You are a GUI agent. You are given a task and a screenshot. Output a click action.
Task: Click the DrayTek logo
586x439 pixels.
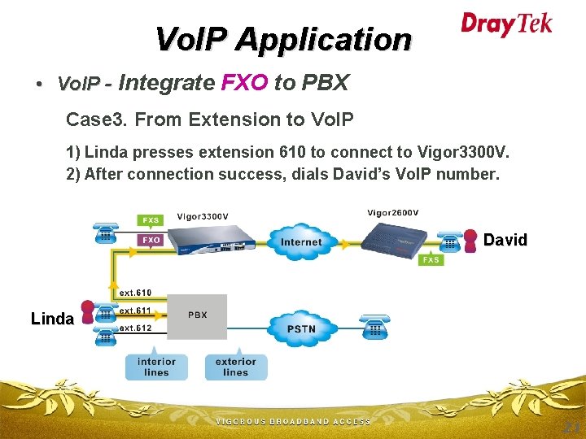coord(506,24)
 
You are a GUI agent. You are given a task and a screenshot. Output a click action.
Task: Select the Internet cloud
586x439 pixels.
coord(300,241)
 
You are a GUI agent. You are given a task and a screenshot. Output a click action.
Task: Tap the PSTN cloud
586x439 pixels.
coord(300,328)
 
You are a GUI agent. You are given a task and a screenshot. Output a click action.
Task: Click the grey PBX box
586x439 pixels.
coord(197,316)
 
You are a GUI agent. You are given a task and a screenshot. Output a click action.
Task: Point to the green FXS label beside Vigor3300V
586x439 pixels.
coord(151,219)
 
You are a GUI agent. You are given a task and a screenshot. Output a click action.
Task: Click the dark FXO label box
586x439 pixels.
coord(151,241)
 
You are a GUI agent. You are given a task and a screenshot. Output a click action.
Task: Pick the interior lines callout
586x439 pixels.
coord(156,367)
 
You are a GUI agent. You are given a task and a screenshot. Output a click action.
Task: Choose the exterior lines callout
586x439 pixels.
coord(235,367)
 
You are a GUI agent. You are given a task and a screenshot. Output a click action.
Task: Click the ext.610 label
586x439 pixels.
coord(135,293)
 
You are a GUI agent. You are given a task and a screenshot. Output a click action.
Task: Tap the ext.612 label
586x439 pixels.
coord(135,328)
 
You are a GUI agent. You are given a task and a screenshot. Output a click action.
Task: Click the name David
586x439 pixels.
coord(505,240)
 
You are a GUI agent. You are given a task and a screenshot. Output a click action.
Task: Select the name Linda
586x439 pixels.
coord(52,319)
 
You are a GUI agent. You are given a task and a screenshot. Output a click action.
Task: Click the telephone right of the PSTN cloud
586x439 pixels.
coord(375,328)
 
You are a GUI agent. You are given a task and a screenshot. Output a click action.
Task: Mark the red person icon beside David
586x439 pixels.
coord(470,240)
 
